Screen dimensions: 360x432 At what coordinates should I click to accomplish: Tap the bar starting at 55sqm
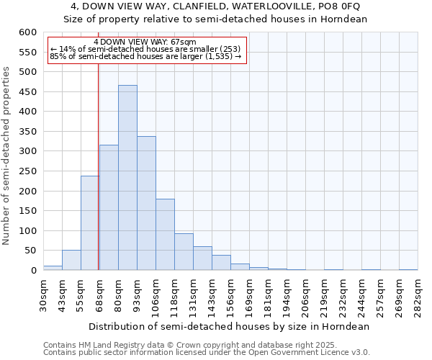(x=90, y=223)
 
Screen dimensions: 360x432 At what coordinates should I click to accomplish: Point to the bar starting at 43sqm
(x=71, y=261)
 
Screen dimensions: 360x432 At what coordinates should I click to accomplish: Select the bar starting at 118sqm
(x=184, y=252)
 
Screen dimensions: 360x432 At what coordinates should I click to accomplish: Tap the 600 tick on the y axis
(x=27, y=32)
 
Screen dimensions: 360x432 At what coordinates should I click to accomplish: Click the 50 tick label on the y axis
(x=30, y=251)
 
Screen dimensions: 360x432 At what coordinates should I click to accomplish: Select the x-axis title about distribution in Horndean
(x=230, y=326)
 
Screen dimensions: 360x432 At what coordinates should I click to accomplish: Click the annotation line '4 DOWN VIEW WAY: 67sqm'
(x=145, y=42)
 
